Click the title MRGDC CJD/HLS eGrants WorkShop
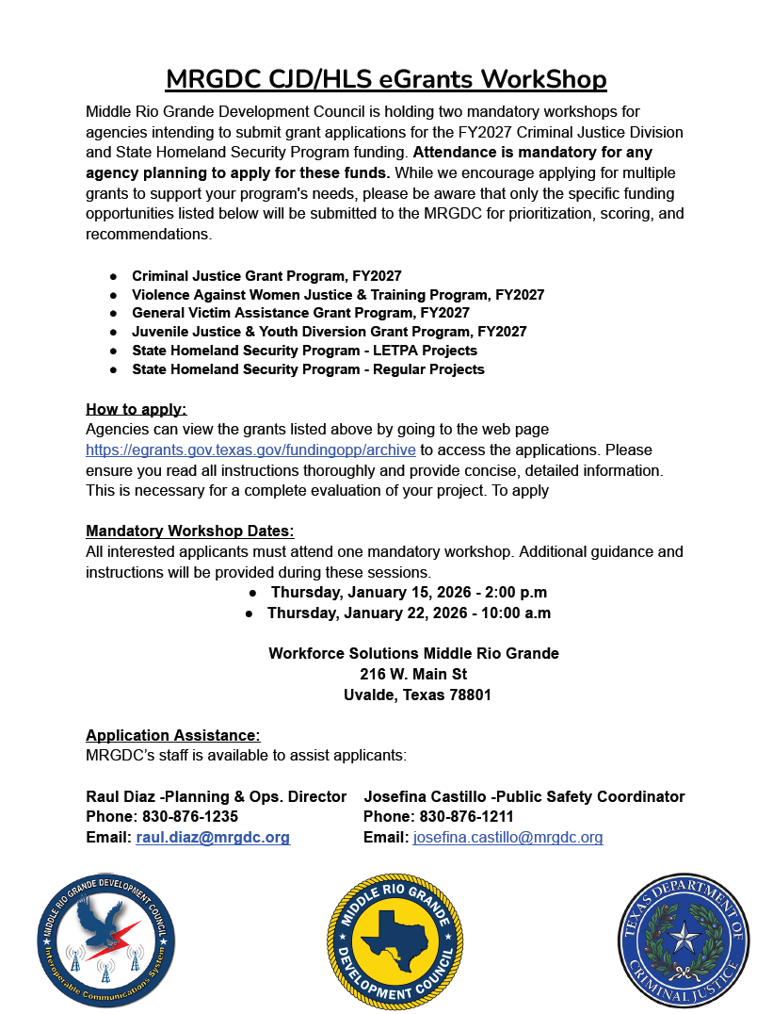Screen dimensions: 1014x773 [386, 78]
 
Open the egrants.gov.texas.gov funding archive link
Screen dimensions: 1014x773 [250, 450]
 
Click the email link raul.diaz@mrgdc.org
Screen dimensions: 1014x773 [213, 837]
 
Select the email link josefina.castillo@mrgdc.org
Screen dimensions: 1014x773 [507, 837]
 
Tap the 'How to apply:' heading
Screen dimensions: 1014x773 [137, 409]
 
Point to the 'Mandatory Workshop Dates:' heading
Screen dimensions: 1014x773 [190, 531]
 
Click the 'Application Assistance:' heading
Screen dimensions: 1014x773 [173, 735]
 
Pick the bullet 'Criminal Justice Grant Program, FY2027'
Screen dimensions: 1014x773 [266, 276]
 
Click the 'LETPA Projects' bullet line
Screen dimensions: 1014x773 [304, 351]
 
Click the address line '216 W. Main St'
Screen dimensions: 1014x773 [413, 674]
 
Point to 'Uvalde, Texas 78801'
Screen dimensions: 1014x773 [417, 695]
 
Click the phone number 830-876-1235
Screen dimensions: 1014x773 [187, 816]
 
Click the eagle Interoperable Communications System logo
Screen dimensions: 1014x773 [106, 940]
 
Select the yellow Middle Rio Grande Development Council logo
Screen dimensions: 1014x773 [395, 940]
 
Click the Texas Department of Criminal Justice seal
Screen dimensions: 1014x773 [684, 940]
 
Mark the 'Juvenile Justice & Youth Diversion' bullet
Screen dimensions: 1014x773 [329, 332]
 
